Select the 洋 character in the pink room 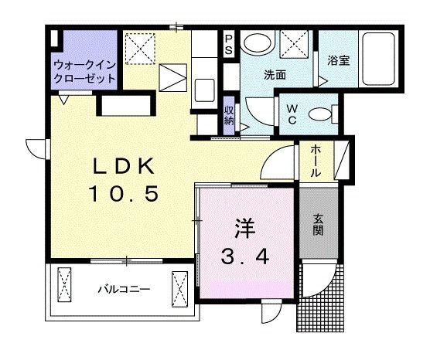246,229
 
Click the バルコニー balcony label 123,290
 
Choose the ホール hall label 316,161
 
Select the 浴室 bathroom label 338,59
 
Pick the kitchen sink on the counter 205,90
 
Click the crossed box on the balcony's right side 180,290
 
